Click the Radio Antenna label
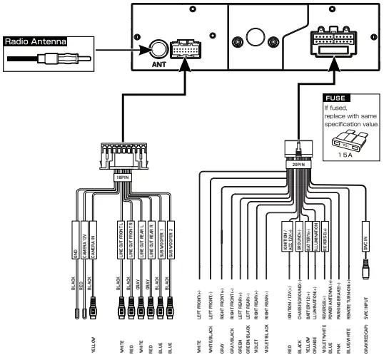point(35,42)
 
